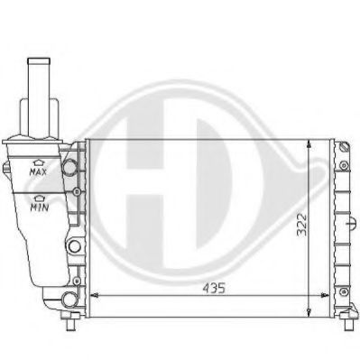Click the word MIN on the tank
[x=39, y=206]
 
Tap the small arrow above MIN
[x=39, y=196]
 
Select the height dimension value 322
[x=300, y=223]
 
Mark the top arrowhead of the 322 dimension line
[x=311, y=144]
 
